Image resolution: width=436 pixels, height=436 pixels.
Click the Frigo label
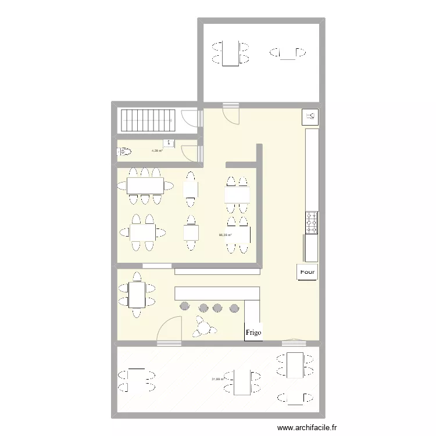click(253, 333)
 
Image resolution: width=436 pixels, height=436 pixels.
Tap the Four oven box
click(308, 271)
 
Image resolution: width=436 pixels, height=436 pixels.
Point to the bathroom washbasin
click(169, 143)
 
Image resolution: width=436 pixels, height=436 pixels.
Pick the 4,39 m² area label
click(157, 151)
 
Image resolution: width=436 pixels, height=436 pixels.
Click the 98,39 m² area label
click(225, 235)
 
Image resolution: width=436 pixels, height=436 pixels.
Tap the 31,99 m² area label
click(218, 379)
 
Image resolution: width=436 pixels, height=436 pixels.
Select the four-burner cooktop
click(312, 222)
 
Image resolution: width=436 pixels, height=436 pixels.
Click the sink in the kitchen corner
click(310, 116)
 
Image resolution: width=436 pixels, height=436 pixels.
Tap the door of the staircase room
click(189, 118)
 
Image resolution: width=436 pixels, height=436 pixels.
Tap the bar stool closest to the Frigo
click(235, 307)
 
